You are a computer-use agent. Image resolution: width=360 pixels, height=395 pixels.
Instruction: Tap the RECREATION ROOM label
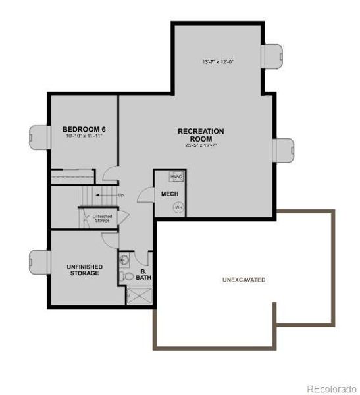pyautogui.click(x=201, y=135)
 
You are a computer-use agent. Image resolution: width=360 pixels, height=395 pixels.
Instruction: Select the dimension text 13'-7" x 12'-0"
pyautogui.click(x=218, y=62)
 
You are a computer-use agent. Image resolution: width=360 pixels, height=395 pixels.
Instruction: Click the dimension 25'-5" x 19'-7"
pyautogui.click(x=201, y=145)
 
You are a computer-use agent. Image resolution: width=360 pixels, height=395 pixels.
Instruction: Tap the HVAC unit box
pyautogui.click(x=176, y=177)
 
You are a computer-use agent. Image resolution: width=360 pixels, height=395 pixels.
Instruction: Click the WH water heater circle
pyautogui.click(x=177, y=207)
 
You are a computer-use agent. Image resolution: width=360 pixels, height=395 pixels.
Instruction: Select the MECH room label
pyautogui.click(x=167, y=194)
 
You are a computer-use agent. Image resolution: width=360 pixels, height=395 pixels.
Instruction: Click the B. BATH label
pyautogui.click(x=143, y=275)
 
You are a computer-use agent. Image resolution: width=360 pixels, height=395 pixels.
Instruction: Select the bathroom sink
pyautogui.click(x=125, y=259)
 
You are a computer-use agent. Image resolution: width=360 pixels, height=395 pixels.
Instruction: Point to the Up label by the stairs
pyautogui.click(x=120, y=195)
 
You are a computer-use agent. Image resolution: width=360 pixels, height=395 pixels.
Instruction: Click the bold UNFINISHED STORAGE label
pyautogui.click(x=83, y=270)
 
